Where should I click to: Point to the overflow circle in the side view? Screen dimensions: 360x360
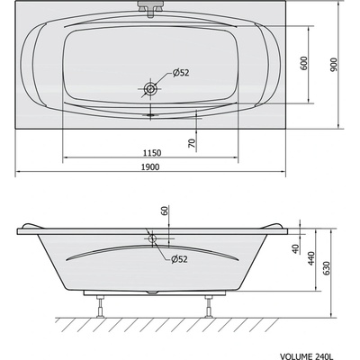[152, 241]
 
